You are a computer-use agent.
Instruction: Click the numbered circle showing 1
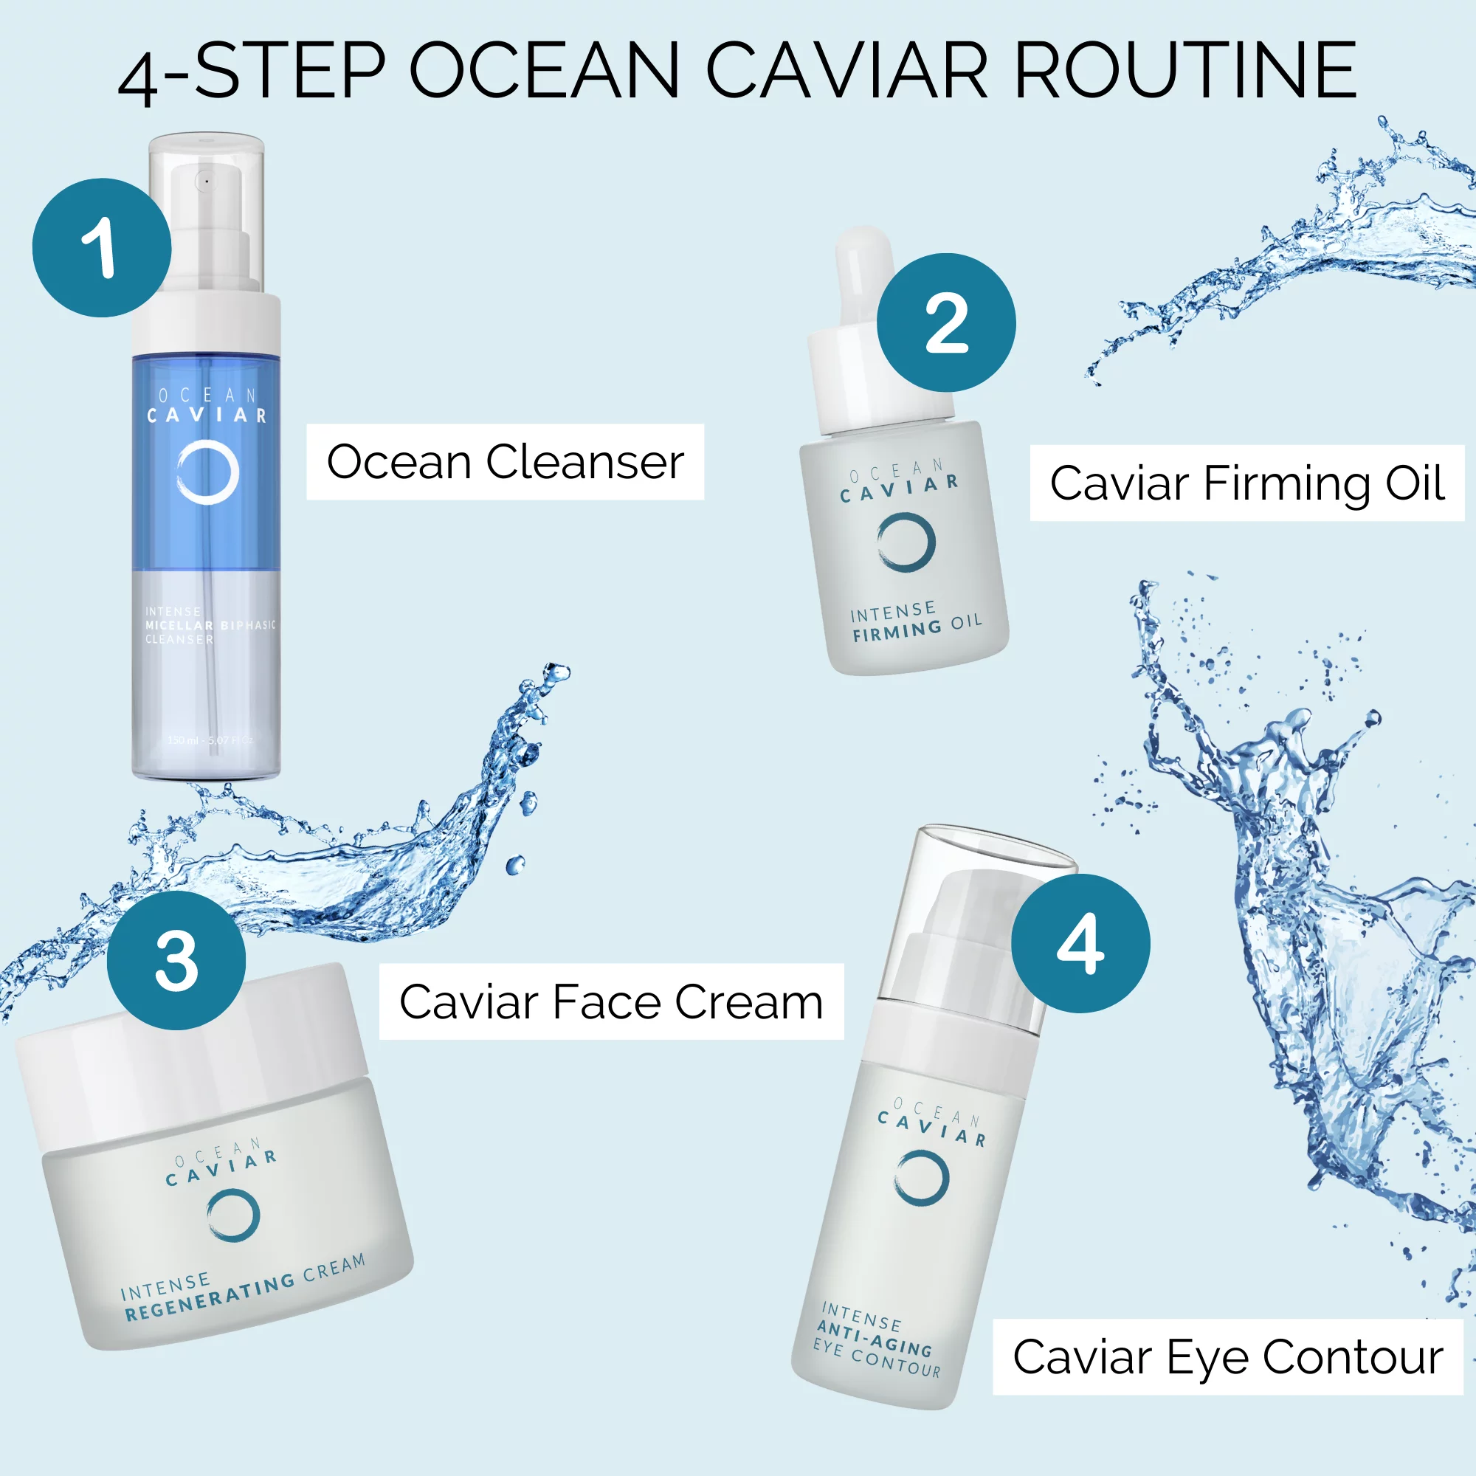[x=102, y=247]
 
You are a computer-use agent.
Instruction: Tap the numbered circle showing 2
[x=946, y=323]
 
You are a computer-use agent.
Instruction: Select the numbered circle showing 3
[x=176, y=960]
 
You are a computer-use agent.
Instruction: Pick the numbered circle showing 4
[x=1080, y=943]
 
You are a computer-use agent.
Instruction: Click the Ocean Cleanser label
[x=505, y=462]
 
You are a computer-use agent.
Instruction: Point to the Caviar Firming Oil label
[x=1246, y=483]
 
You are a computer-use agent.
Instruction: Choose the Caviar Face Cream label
[x=611, y=1001]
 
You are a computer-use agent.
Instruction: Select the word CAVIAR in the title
[x=846, y=70]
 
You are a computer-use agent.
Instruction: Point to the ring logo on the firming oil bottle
[x=906, y=542]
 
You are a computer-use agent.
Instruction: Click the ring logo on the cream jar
[x=233, y=1214]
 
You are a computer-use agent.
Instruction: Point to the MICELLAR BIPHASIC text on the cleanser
[x=210, y=625]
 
